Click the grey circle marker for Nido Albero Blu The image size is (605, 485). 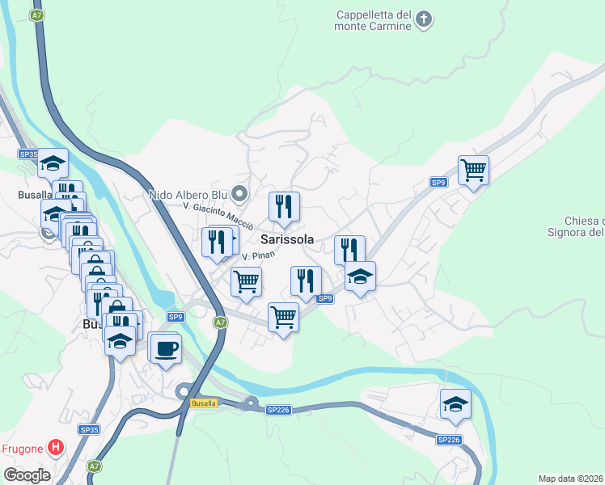pos(239,193)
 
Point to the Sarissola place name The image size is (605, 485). pos(287,239)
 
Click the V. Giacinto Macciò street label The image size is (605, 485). pos(213,212)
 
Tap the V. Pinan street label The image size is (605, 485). pos(259,255)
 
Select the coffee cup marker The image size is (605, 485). pos(166,348)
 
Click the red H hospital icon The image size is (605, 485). pos(56,446)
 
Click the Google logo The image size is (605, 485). pos(26,474)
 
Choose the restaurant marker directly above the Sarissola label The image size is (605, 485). pos(284,207)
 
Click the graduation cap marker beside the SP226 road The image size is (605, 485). pos(455,404)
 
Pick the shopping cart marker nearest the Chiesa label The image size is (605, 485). pos(473,171)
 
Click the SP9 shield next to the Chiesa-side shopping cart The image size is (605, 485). pos(438,183)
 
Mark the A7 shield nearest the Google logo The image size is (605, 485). pos(95,466)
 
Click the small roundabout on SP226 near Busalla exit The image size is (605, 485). pos(251,403)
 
